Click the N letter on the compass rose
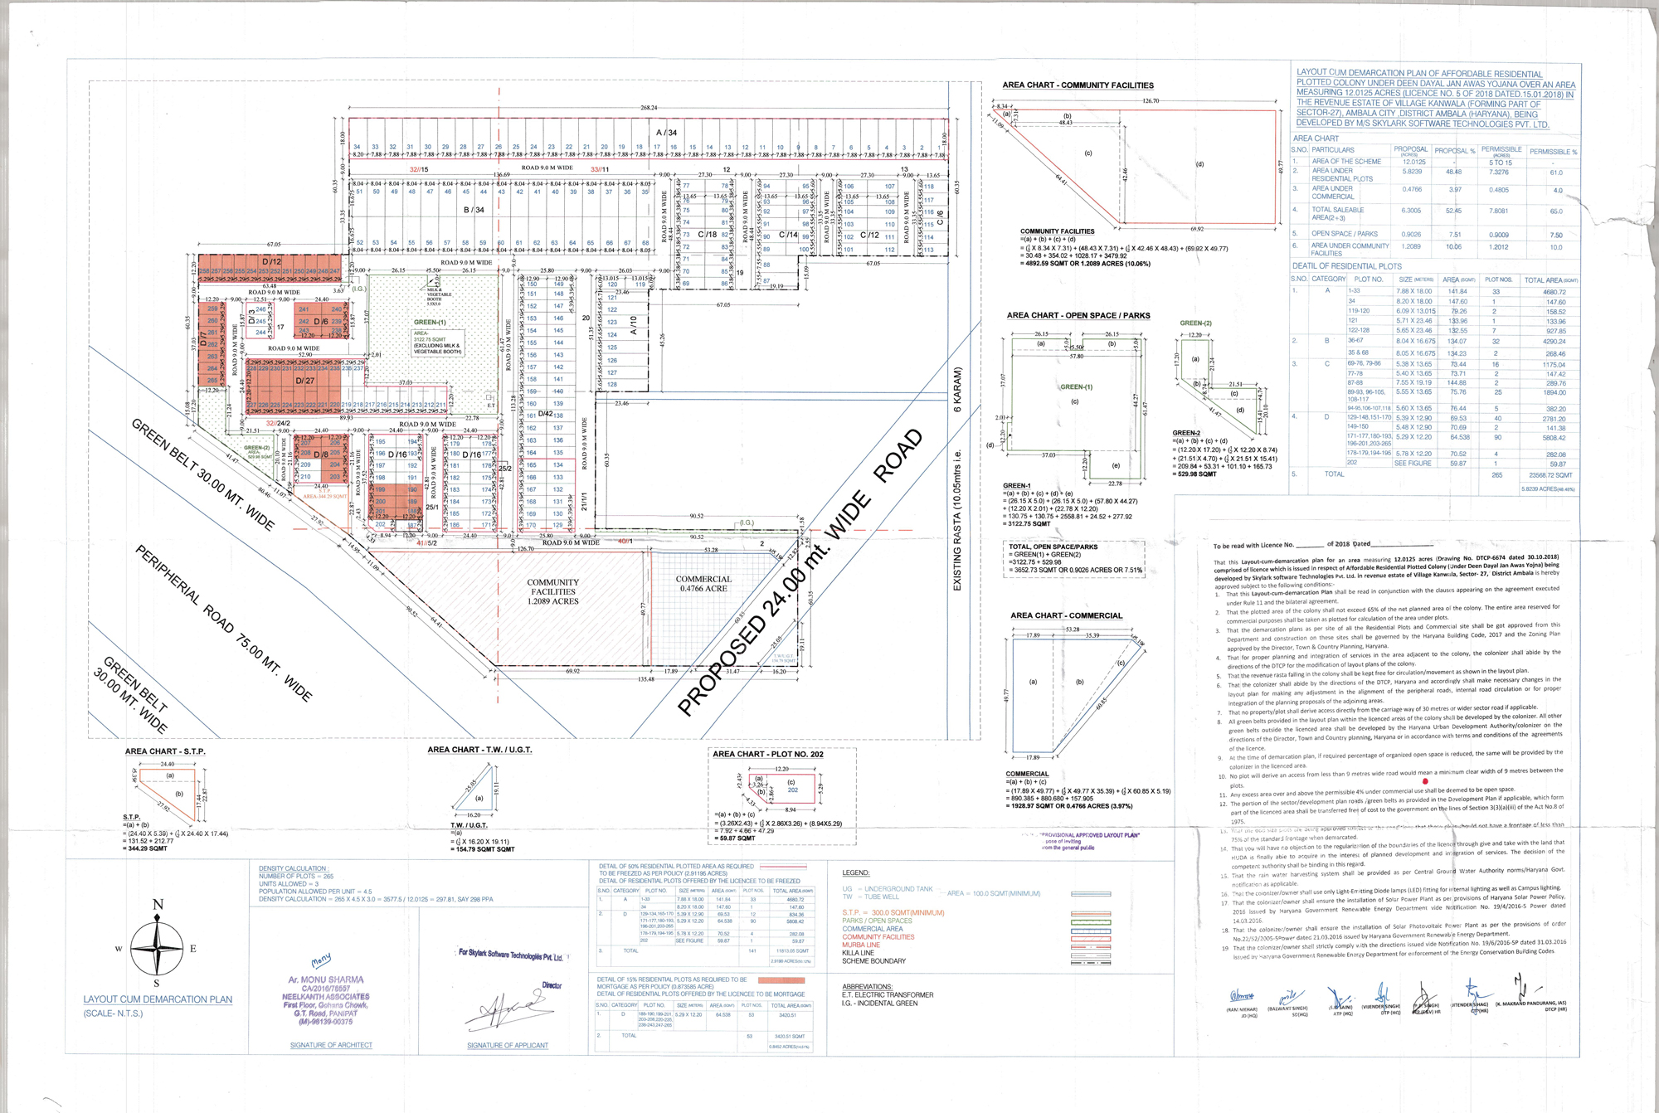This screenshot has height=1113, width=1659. coord(158,904)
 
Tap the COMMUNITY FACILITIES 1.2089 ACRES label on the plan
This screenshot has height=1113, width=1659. coord(553,592)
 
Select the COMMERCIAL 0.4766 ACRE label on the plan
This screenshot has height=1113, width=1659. coord(703,584)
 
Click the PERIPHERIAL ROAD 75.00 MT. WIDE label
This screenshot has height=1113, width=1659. coord(224,623)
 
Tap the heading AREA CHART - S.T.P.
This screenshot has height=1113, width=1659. coord(165,751)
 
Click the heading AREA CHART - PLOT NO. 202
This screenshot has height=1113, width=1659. coord(768,754)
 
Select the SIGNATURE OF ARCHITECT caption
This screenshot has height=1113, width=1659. coord(331,1045)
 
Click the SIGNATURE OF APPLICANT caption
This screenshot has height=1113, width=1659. coord(508,1045)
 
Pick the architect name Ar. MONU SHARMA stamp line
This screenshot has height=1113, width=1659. coord(326,979)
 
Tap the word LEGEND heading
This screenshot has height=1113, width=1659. coord(856,872)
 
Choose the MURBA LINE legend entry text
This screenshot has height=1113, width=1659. coord(861,945)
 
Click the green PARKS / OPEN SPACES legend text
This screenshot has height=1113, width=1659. coord(877,921)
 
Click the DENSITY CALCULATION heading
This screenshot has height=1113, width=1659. coord(293,868)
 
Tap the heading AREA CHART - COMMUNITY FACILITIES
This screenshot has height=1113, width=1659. coord(1078,85)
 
